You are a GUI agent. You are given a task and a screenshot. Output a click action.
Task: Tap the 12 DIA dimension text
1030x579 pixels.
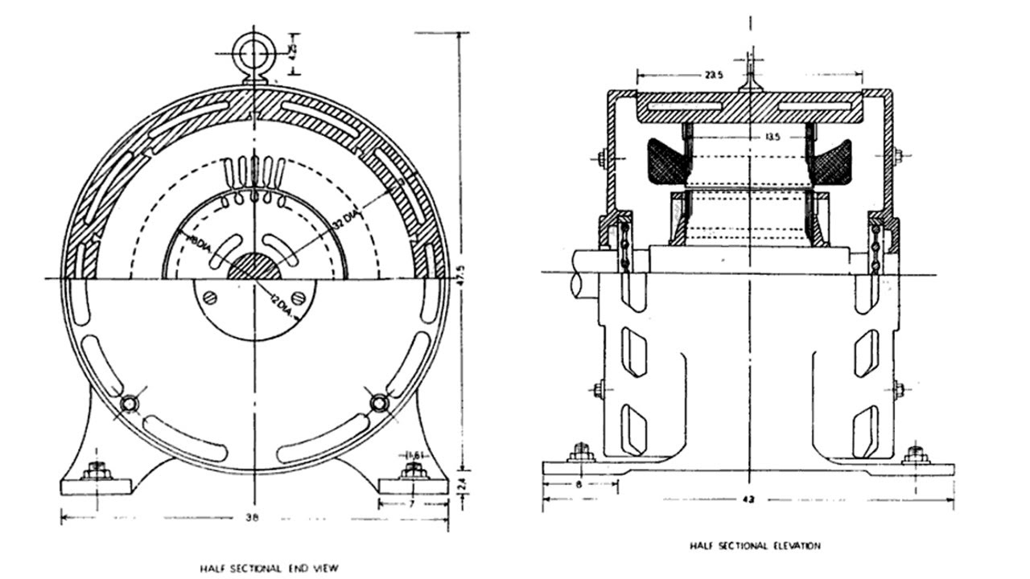pos(282,306)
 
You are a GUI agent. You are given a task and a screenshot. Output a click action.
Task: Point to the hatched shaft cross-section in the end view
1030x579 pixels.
pos(253,267)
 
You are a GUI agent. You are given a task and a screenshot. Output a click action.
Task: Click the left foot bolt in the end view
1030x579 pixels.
pos(97,471)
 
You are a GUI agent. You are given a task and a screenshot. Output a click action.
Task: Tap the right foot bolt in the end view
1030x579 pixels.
pos(413,471)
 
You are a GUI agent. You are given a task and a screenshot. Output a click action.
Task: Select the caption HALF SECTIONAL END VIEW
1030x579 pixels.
pos(270,569)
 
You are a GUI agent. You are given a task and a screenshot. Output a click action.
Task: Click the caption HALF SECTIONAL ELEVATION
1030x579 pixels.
pos(755,546)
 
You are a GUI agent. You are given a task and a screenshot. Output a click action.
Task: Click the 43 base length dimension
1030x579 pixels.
pos(749,499)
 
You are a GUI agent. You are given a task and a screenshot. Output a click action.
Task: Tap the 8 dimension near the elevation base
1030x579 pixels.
pos(579,485)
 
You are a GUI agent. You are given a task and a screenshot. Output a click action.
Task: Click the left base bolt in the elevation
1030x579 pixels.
pos(580,455)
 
